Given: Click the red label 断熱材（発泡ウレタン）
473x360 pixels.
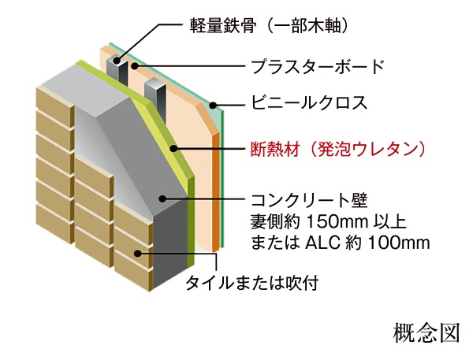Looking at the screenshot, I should point(336,148).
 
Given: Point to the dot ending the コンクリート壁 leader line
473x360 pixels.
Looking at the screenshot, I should point(162,197).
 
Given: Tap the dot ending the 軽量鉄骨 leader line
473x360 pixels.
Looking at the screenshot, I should point(119,58).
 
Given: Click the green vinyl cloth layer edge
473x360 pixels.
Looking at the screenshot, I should point(222,181).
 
